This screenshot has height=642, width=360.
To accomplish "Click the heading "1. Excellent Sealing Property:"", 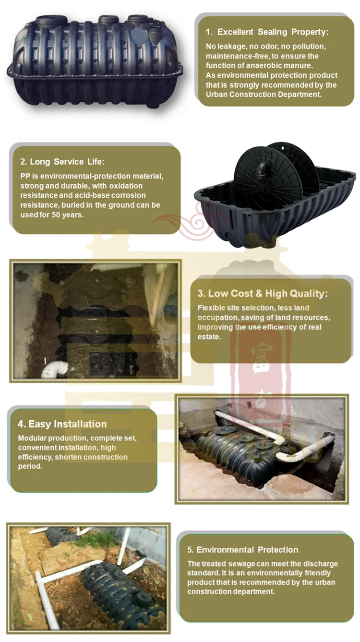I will [x=267, y=32].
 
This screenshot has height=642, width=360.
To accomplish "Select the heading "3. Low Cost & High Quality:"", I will [x=263, y=294].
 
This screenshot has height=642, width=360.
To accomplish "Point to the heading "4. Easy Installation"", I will [x=62, y=424].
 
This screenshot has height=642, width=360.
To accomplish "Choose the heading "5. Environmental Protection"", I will [x=243, y=550].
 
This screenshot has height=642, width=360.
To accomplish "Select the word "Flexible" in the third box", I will [x=212, y=308].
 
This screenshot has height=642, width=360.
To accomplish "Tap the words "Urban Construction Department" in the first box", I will [x=263, y=95].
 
